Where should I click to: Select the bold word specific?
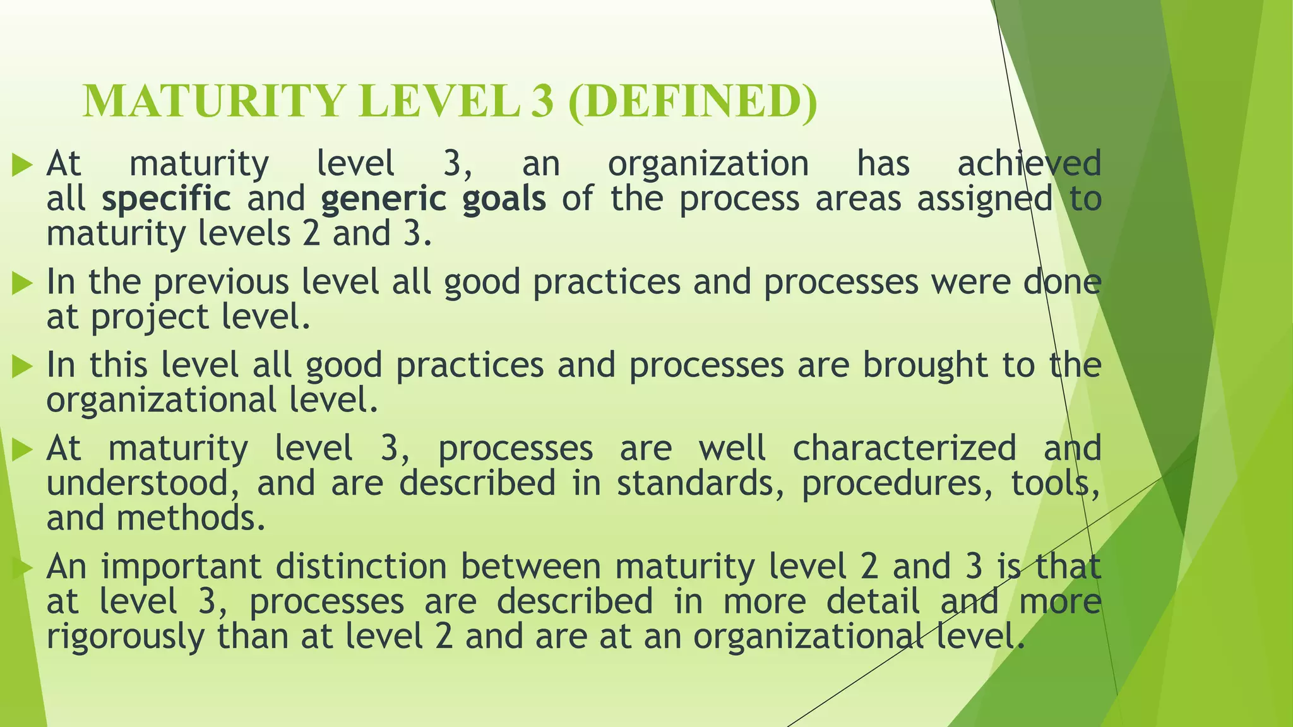point(167,199)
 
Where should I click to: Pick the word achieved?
point(1029,163)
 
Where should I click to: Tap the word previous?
point(221,283)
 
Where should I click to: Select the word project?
point(149,318)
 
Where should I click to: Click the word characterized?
point(904,449)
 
